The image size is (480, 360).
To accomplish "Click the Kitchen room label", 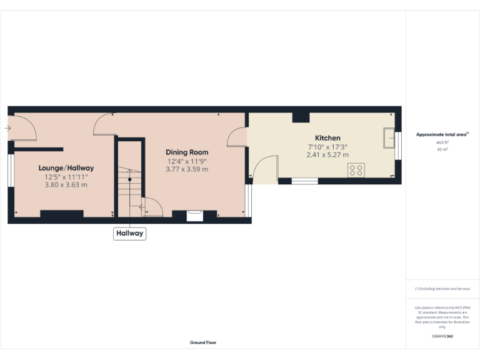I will pyautogui.click(x=327, y=137).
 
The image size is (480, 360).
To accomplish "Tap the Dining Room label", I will pyautogui.click(x=187, y=152).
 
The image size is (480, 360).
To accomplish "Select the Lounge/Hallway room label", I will pyautogui.click(x=66, y=167).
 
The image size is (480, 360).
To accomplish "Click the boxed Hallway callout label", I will pyautogui.click(x=129, y=234).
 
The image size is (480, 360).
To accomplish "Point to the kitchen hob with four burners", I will pyautogui.click(x=356, y=169).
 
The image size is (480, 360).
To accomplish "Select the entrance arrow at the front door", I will pyautogui.click(x=7, y=128).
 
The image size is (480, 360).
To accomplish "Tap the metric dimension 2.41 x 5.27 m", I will pyautogui.click(x=327, y=155).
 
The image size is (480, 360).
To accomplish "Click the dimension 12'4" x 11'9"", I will pyautogui.click(x=187, y=161).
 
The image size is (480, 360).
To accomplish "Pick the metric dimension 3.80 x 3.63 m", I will pyautogui.click(x=66, y=184).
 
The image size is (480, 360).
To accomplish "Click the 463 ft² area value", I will pyautogui.click(x=442, y=143).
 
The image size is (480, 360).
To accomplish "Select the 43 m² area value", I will pyautogui.click(x=442, y=149).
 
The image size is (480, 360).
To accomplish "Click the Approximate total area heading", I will pyautogui.click(x=442, y=134).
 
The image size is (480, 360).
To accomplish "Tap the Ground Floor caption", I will pyautogui.click(x=203, y=342).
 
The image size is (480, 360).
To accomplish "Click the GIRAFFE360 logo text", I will pyautogui.click(x=442, y=336).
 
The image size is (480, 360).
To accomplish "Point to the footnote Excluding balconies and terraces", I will pyautogui.click(x=442, y=289).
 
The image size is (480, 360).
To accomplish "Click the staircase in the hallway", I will pyautogui.click(x=130, y=181).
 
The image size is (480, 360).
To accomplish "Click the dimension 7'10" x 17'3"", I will pyautogui.click(x=327, y=147).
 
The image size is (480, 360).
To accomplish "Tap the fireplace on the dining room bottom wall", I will pyautogui.click(x=194, y=214).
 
